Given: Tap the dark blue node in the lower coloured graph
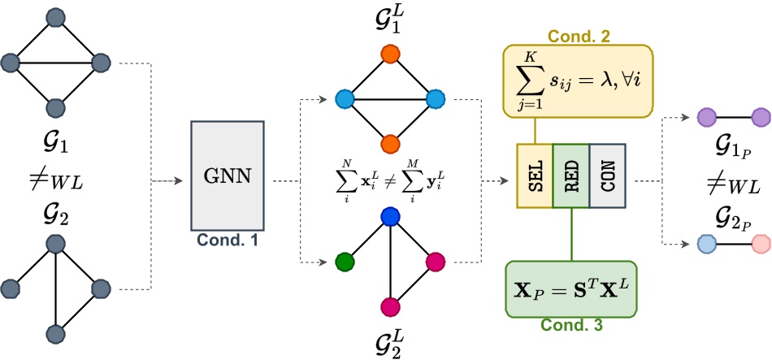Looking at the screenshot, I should click(391, 217).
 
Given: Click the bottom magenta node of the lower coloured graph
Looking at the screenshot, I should click(391, 306).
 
